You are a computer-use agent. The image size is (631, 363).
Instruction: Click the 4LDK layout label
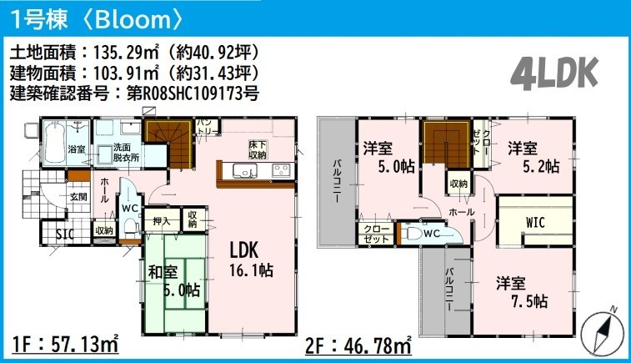click(x=554, y=73)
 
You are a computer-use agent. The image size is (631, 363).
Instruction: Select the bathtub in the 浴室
click(x=54, y=143)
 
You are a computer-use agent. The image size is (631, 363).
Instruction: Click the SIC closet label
click(x=65, y=234)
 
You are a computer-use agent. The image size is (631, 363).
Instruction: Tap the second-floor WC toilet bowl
click(x=413, y=234)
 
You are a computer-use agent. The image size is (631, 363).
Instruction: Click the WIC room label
click(x=535, y=222)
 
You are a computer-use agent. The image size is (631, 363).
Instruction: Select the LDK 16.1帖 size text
click(x=251, y=270)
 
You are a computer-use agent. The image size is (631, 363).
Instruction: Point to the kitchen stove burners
click(x=281, y=170)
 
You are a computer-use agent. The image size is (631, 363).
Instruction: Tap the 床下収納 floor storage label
click(x=258, y=149)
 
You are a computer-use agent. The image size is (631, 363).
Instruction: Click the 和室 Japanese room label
click(x=163, y=272)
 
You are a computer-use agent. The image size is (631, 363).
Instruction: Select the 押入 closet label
click(x=162, y=221)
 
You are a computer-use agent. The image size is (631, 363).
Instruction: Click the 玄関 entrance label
click(x=78, y=197)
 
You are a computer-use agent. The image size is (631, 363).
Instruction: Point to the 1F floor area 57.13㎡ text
click(x=65, y=345)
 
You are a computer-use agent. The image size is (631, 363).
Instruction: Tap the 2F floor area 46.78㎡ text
click(x=358, y=345)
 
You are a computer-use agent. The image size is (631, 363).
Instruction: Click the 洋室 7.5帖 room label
click(x=522, y=292)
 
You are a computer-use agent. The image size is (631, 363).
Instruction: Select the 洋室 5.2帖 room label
click(x=533, y=157)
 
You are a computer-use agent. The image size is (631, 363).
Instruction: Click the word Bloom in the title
click(x=133, y=19)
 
